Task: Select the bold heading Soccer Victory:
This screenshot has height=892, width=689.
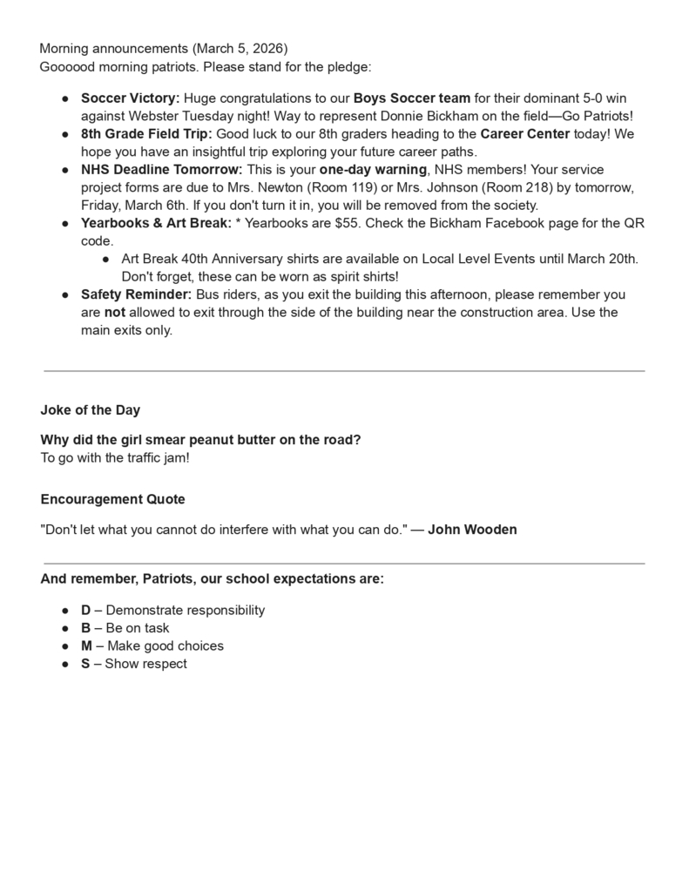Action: tap(130, 98)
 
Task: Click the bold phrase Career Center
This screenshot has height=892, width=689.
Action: tap(525, 133)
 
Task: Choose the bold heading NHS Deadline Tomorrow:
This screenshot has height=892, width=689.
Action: tap(162, 169)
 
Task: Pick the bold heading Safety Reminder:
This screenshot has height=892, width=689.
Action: tap(136, 294)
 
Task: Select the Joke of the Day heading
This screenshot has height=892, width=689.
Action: tap(90, 410)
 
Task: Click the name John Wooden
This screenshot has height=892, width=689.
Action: tap(472, 529)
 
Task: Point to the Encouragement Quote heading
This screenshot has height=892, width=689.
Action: tap(112, 499)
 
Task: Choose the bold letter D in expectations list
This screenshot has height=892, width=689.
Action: tap(86, 610)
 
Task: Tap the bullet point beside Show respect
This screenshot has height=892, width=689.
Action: tap(65, 664)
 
